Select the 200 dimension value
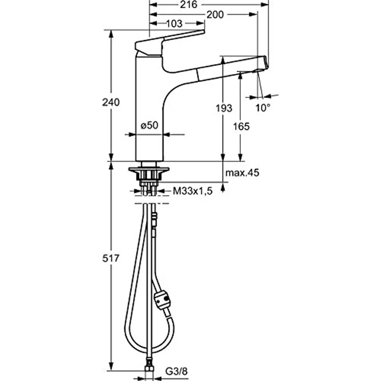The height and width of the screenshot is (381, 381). (214, 14)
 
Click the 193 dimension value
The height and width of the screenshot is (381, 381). (224, 107)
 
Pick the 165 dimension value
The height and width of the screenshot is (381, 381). (241, 126)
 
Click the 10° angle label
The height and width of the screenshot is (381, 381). (263, 107)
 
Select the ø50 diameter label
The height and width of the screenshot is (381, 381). (149, 125)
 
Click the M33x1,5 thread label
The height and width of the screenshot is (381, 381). (193, 191)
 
